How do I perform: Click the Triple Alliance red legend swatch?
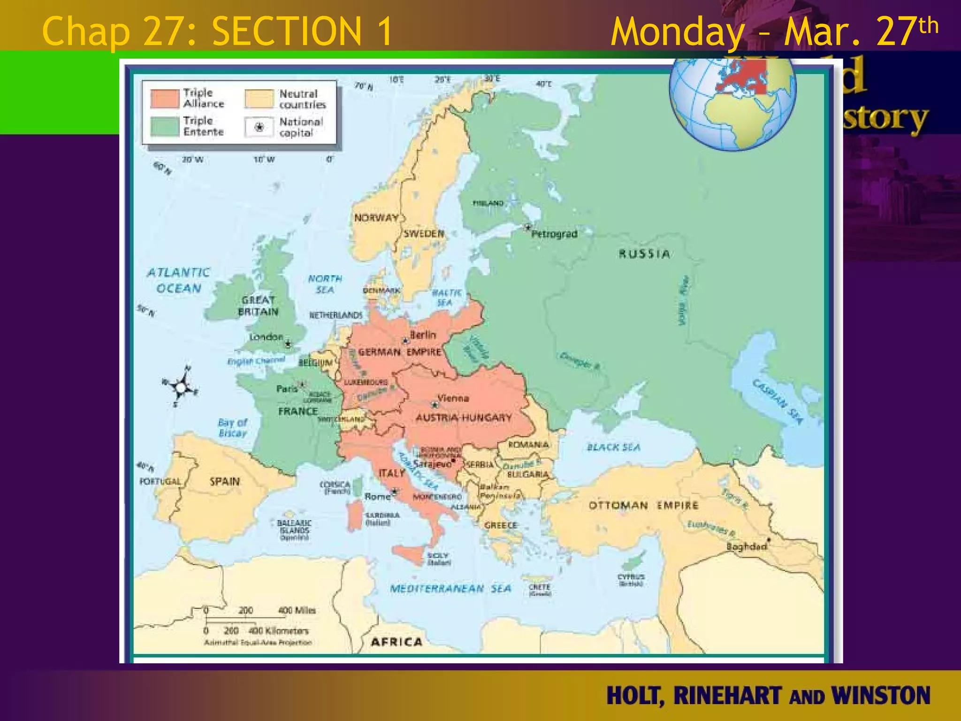coord(165,99)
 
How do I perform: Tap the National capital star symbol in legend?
coord(259,127)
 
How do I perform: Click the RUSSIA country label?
coord(644,254)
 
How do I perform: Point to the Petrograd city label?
coord(554,234)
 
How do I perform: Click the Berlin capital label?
coord(423,335)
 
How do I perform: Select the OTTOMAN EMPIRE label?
coord(643,506)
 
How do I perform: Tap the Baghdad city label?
coord(746,546)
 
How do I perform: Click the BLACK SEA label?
coord(613,447)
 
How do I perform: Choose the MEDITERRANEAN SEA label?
coord(450,589)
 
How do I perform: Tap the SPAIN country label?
coord(224,481)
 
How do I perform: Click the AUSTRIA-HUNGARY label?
coord(463,417)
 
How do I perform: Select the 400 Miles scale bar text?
coord(297,610)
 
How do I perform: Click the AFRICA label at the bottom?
coord(397,642)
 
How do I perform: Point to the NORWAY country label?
coord(376,218)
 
